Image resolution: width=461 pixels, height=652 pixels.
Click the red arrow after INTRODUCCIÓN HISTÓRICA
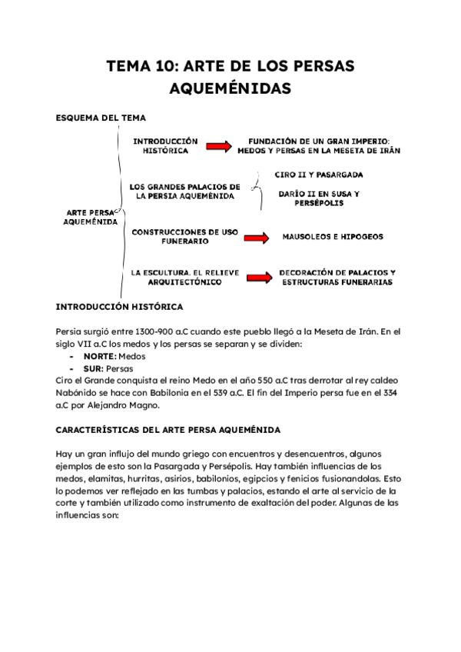tap(218, 147)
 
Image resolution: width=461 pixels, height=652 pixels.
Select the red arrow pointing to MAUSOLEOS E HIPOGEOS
tap(256, 238)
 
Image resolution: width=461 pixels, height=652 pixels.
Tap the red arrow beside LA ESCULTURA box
tap(257, 278)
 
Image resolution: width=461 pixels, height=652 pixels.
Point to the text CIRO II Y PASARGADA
tap(319, 175)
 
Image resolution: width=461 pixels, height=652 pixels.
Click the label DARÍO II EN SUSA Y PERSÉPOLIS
tap(319, 198)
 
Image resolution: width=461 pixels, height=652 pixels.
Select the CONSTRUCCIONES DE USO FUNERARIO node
tap(184, 236)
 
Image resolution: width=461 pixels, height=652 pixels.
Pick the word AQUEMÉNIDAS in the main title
tap(230, 89)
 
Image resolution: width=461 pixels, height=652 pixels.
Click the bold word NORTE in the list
tap(98, 357)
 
